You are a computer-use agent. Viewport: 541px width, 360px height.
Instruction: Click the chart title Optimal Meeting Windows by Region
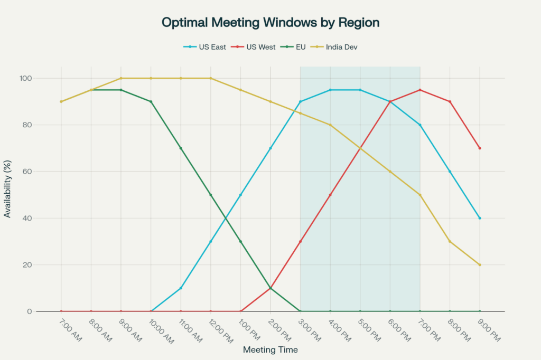pos(270,23)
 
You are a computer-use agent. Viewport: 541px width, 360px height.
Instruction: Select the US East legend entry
pos(211,47)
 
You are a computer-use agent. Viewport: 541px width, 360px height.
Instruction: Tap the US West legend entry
pos(260,47)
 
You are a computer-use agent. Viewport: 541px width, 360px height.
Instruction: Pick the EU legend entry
pos(300,47)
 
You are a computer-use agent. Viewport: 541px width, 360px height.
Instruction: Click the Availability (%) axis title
pos(7,189)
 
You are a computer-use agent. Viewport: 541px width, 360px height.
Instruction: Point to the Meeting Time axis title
pos(270,350)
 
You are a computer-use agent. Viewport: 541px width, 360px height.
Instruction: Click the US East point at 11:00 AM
pos(181,288)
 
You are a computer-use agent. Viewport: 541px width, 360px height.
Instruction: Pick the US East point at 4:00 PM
pos(330,90)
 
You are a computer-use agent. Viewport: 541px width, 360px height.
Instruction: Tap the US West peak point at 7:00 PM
pos(420,90)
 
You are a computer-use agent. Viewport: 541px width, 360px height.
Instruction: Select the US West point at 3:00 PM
pos(301,241)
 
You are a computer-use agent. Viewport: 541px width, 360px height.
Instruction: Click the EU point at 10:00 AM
pos(151,101)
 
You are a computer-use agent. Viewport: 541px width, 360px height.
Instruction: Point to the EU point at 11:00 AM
pos(181,148)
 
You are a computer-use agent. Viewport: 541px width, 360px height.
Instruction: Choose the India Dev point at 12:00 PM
pos(211,78)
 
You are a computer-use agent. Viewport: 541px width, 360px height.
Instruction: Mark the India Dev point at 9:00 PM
pos(480,265)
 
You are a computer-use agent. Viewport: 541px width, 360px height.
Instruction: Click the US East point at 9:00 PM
pos(480,218)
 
